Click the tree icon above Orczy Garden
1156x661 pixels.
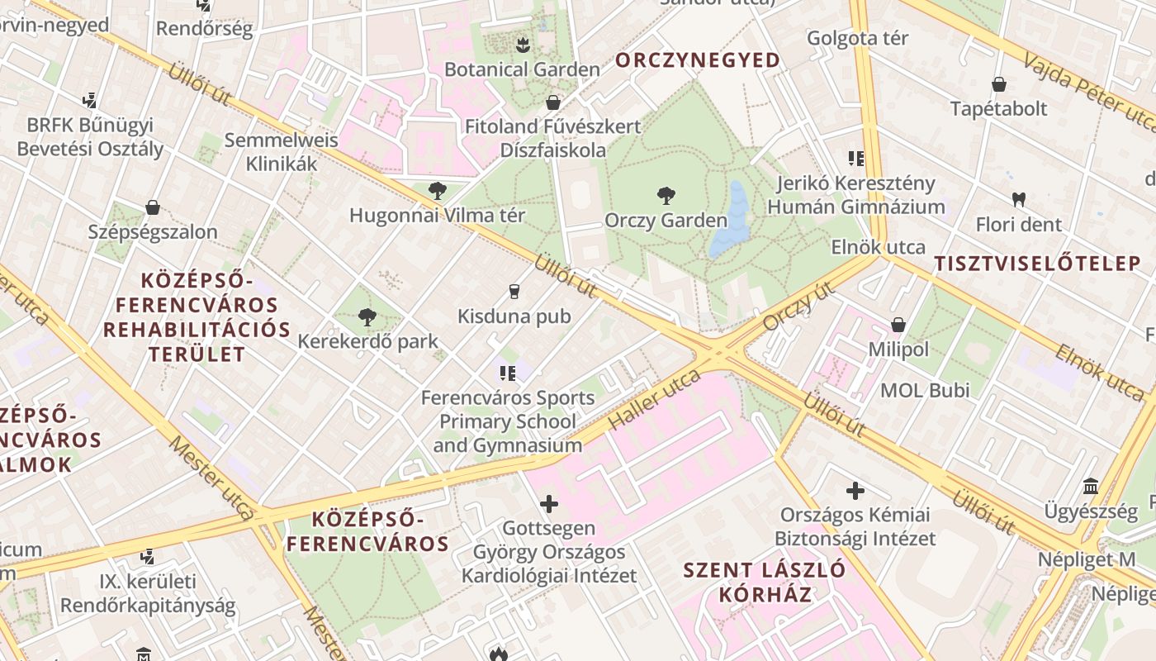(666, 196)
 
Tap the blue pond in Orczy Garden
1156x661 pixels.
(730, 222)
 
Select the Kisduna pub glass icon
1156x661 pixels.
(514, 291)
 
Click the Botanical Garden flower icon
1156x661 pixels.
(522, 44)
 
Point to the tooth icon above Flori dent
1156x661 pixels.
(1018, 199)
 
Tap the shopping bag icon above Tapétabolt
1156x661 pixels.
(998, 84)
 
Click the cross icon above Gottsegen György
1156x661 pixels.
(548, 503)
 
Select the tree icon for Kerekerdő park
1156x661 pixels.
(367, 316)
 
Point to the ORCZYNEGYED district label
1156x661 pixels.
(698, 60)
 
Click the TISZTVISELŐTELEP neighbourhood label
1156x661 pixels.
(1037, 264)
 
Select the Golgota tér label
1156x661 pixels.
(857, 38)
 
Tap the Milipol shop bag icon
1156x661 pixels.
(898, 325)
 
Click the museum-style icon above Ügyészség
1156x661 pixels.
(1090, 486)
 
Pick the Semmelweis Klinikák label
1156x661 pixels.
(282, 152)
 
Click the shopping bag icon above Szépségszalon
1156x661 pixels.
(152, 207)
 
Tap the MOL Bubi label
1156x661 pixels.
(926, 390)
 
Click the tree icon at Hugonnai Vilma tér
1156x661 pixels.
(437, 192)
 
